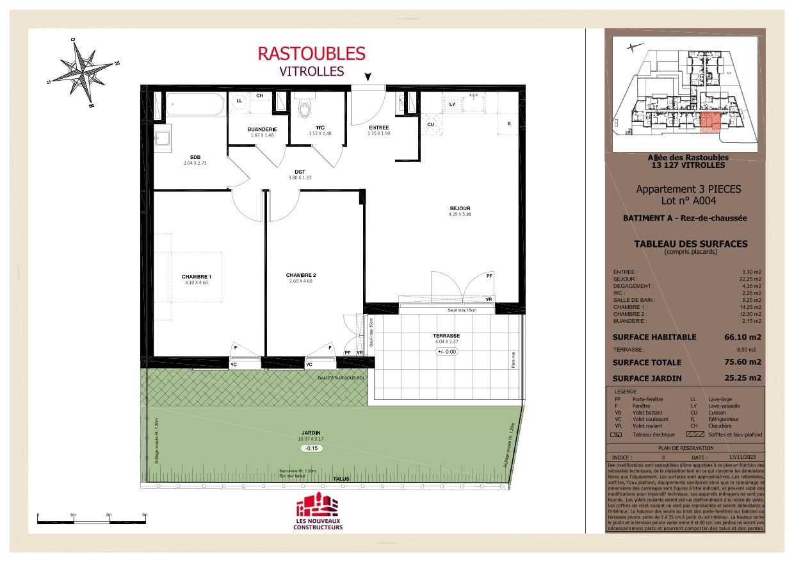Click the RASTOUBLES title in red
pos(311,53)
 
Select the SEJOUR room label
pos(460,209)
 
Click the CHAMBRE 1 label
pos(197,277)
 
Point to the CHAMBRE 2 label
pos(301,276)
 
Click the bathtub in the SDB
pos(195,104)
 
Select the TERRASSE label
pos(446,336)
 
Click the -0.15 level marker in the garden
pos(312,449)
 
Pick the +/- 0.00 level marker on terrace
pos(447,352)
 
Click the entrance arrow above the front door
pos(368,77)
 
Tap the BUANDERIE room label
pos(262,129)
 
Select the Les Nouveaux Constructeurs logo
pos(318,513)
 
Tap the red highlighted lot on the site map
pos(709,122)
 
